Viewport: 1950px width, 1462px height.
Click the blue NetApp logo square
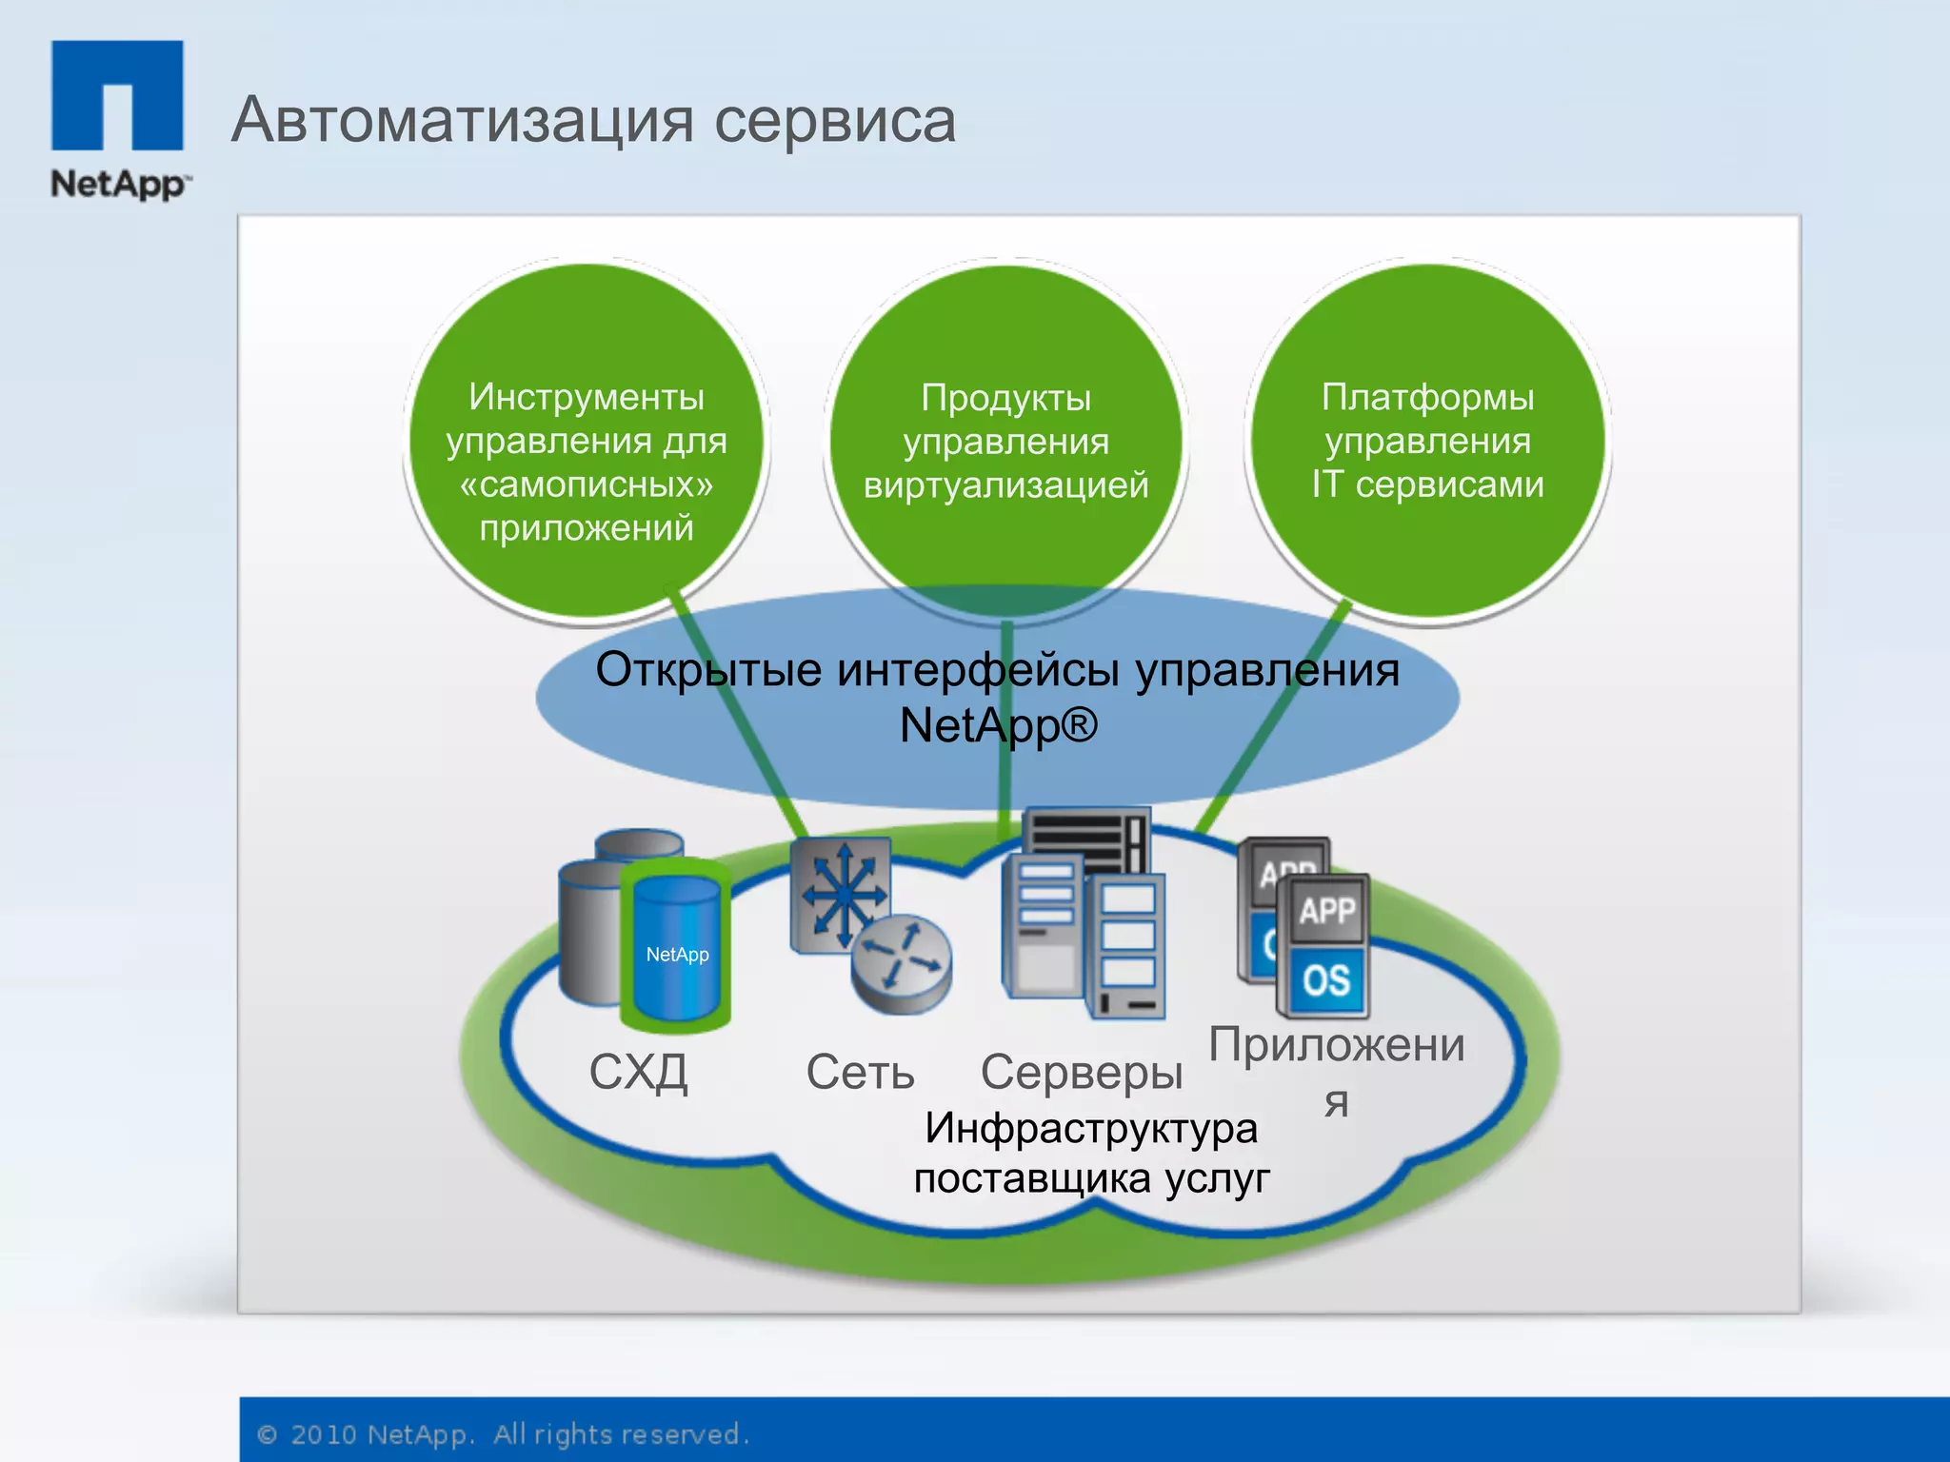pyautogui.click(x=117, y=94)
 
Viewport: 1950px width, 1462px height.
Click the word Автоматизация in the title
pyautogui.click(x=462, y=120)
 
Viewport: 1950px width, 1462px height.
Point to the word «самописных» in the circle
pyautogui.click(x=587, y=484)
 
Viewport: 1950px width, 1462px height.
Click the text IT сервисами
pyautogui.click(x=1427, y=484)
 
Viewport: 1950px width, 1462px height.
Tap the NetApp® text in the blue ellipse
pyautogui.click(x=998, y=725)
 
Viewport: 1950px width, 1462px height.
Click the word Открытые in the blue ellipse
pyautogui.click(x=708, y=669)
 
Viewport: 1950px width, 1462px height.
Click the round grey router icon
pyautogui.click(x=901, y=963)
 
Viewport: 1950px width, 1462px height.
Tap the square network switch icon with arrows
pyautogui.click(x=841, y=895)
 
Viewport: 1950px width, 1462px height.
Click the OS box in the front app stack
pyautogui.click(x=1326, y=979)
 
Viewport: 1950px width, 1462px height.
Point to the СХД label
pyautogui.click(x=638, y=1073)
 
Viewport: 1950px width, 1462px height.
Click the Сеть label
pyautogui.click(x=860, y=1073)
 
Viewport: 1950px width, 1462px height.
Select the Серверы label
pyautogui.click(x=1082, y=1073)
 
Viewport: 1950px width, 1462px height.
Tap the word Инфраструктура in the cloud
pyautogui.click(x=1091, y=1129)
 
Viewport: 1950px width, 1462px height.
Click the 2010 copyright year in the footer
pyautogui.click(x=323, y=1434)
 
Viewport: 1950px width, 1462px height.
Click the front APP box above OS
pyautogui.click(x=1326, y=910)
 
